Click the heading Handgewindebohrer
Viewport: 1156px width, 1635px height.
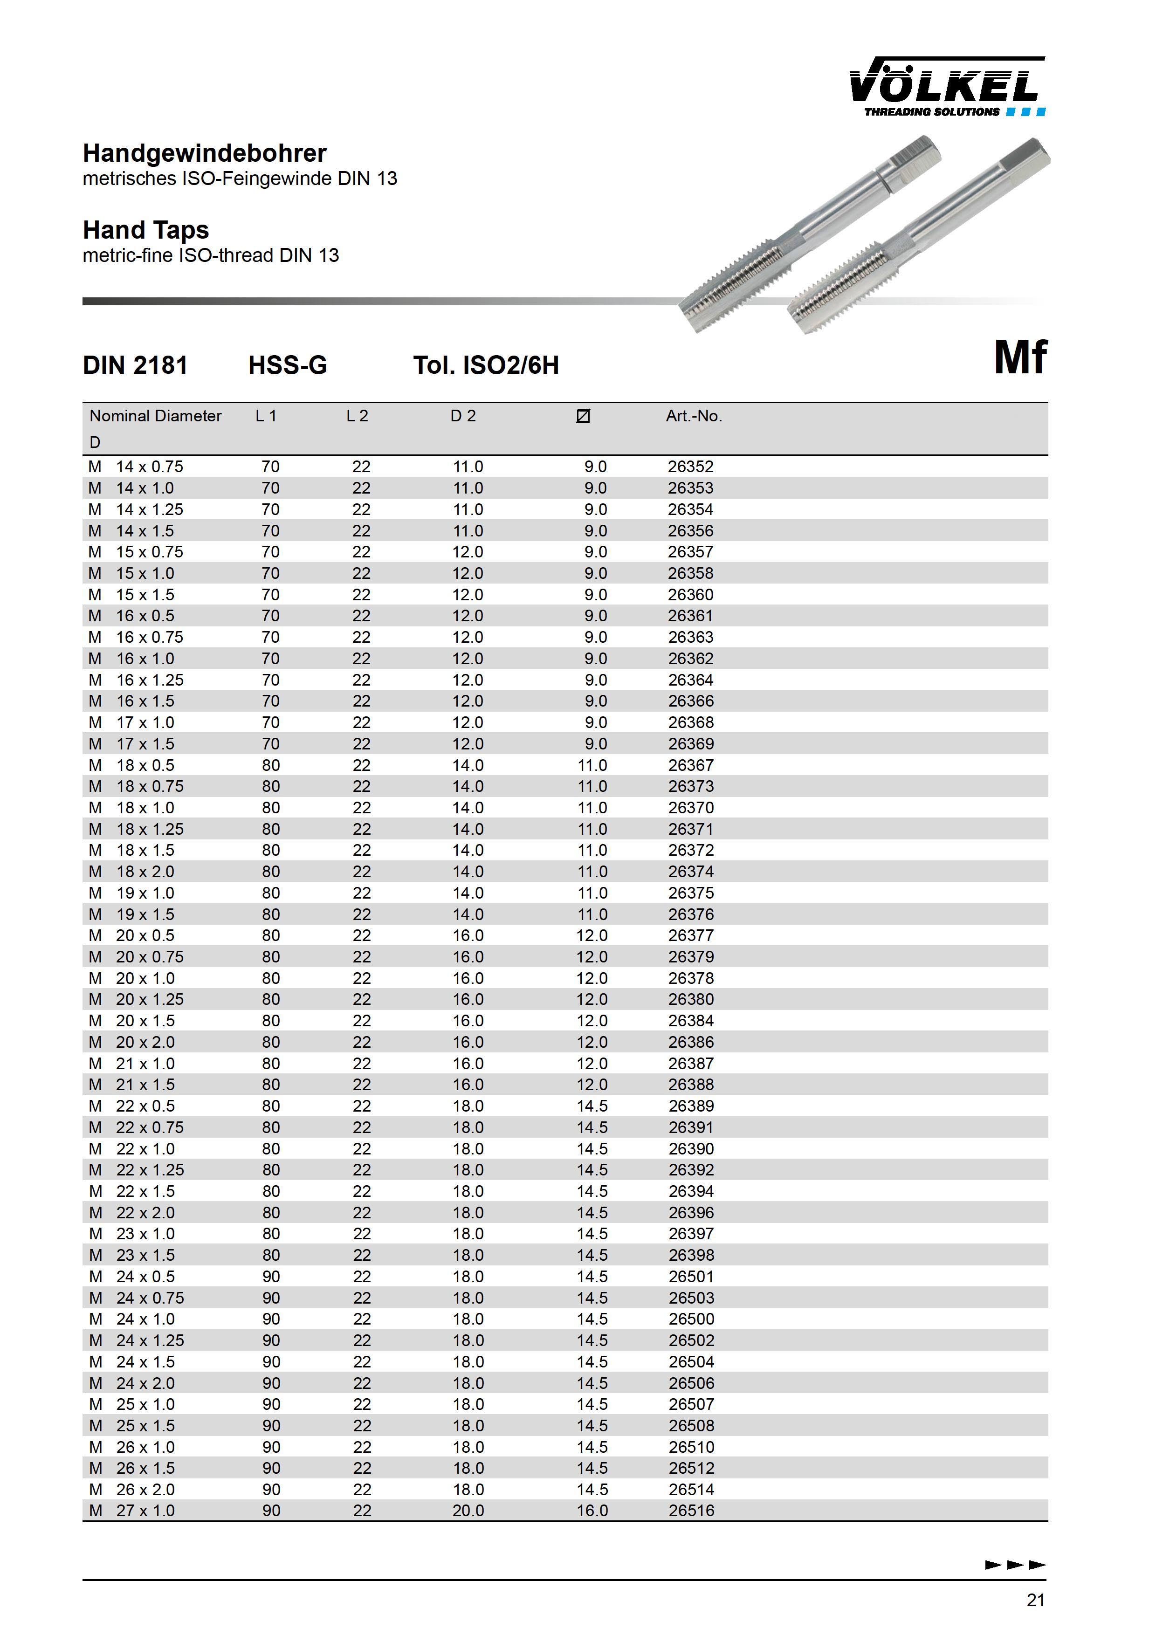point(205,153)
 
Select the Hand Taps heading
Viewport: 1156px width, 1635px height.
point(146,230)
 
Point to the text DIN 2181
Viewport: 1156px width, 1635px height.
point(135,365)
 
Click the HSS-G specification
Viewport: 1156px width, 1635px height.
point(288,365)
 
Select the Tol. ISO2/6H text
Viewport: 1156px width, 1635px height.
point(487,365)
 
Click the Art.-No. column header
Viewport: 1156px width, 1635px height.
point(694,416)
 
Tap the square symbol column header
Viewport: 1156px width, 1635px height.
point(583,416)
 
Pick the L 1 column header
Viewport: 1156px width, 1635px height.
point(266,416)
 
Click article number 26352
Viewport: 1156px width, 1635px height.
point(690,467)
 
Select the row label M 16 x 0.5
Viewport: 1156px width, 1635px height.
point(132,616)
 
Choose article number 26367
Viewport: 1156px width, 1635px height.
point(690,765)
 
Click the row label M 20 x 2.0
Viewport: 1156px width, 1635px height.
point(132,1043)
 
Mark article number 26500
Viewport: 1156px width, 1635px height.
point(691,1319)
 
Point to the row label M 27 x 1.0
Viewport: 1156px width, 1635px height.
point(132,1511)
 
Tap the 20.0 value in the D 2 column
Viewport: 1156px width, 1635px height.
point(468,1511)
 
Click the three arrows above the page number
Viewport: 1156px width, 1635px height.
point(1015,1565)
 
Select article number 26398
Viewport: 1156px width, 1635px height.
point(691,1256)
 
